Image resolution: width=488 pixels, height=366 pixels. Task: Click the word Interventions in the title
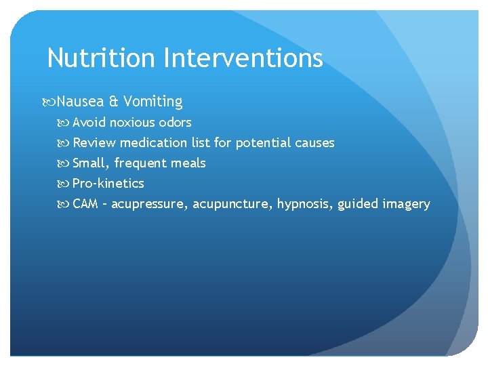pos(243,58)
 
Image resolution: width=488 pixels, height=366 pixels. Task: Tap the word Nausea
pos(80,102)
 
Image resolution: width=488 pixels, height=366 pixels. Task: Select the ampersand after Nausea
pos(113,102)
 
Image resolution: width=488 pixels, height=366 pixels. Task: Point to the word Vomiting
pos(153,102)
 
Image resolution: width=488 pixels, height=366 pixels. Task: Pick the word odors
pos(175,123)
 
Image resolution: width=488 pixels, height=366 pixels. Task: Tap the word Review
pos(94,143)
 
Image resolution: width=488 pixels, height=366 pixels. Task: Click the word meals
pos(190,163)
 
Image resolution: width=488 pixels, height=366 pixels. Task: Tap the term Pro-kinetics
pos(108,184)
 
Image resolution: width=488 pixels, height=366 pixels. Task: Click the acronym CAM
pos(85,204)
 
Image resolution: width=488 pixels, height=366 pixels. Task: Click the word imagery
pos(405,205)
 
